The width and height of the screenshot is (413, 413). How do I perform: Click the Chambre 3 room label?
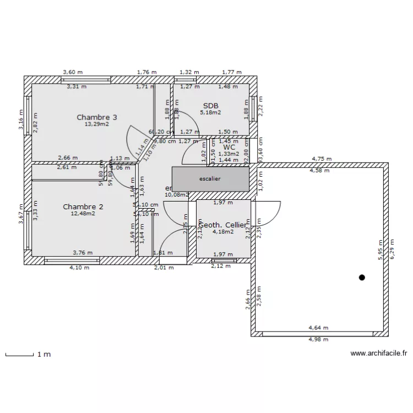tap(96, 117)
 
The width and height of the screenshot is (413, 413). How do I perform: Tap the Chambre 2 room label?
tap(83, 206)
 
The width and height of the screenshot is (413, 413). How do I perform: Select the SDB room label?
tap(210, 106)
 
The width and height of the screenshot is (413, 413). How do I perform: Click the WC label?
tap(229, 147)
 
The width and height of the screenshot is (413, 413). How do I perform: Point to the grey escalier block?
tap(210, 179)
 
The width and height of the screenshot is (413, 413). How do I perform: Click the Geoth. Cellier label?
tap(222, 225)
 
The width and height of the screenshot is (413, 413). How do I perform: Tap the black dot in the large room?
tap(362, 278)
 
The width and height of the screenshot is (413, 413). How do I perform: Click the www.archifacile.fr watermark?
tap(378, 354)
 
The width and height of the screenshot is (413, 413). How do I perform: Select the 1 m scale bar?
tap(19, 354)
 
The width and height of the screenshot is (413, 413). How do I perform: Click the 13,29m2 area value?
tap(96, 124)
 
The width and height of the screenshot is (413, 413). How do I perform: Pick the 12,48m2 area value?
tap(83, 214)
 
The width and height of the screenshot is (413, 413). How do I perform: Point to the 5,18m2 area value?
tap(210, 112)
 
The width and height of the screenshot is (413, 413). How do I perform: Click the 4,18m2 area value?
tap(223, 232)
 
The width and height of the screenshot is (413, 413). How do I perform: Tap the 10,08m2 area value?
tap(177, 194)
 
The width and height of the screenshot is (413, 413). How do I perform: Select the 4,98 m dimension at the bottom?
tap(318, 339)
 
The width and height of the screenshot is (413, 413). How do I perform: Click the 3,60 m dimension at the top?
tap(72, 72)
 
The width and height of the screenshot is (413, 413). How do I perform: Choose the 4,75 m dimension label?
tap(322, 159)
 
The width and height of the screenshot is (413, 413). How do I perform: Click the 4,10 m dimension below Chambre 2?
tap(79, 268)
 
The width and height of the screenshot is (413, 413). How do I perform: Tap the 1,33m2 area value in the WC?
tap(229, 154)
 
